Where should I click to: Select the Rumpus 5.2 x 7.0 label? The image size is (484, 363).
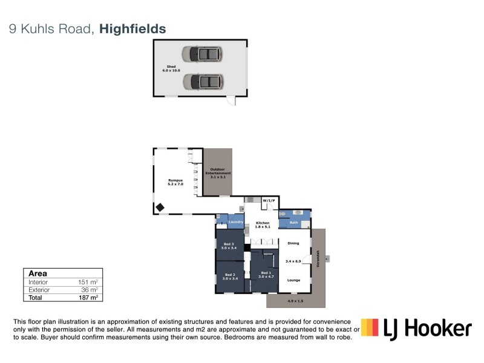pyautogui.click(x=175, y=182)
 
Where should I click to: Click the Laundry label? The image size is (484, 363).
pyautogui.click(x=235, y=223)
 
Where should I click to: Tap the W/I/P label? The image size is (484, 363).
pyautogui.click(x=269, y=200)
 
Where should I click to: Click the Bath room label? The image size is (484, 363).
pyautogui.click(x=293, y=223)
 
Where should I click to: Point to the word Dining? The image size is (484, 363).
pyautogui.click(x=293, y=243)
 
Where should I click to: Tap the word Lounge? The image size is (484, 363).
pyautogui.click(x=293, y=280)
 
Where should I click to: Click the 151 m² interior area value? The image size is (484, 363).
pyautogui.click(x=88, y=282)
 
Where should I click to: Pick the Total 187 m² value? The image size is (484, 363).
pyautogui.click(x=88, y=297)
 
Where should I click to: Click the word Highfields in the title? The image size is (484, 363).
pyautogui.click(x=132, y=28)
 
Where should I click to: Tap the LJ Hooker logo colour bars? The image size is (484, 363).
pyautogui.click(x=370, y=327)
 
